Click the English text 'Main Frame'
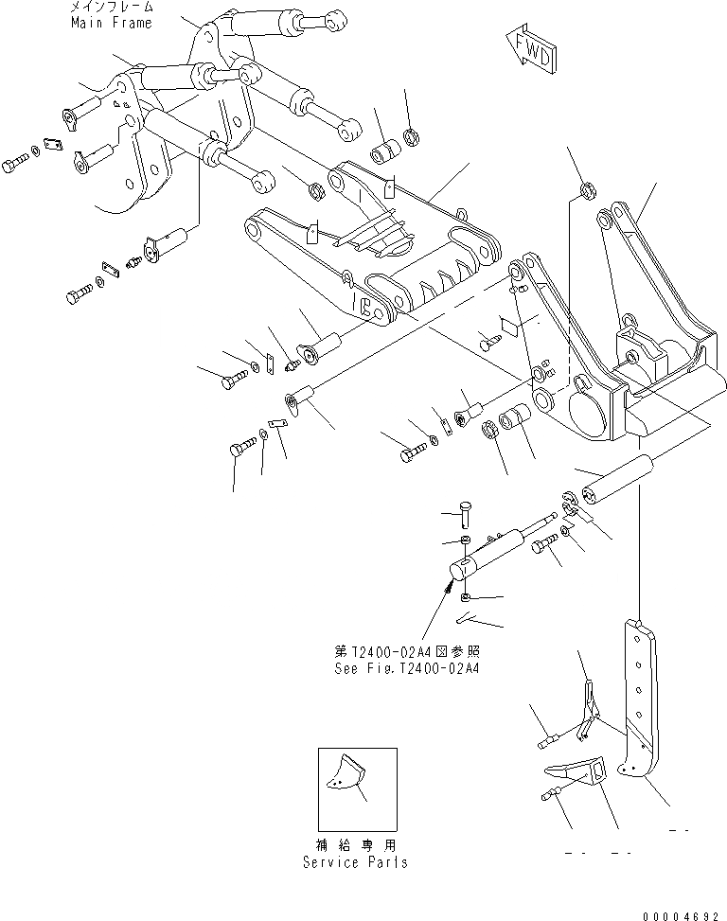coord(111,23)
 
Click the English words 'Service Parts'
coord(356,861)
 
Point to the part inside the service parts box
coord(347,778)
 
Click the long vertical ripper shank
coord(640,700)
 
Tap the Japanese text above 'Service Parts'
coord(356,844)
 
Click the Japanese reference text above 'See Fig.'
coord(391,651)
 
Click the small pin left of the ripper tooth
coord(550,799)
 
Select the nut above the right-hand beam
coord(586,193)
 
